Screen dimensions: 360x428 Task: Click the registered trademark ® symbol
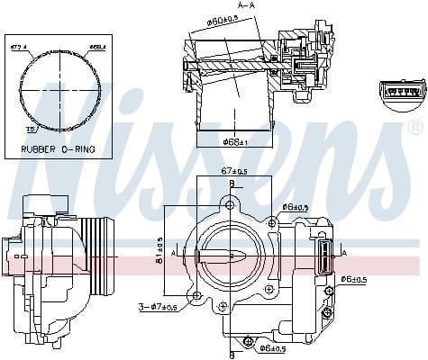coord(414,125)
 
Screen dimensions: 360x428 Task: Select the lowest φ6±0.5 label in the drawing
coord(270,348)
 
